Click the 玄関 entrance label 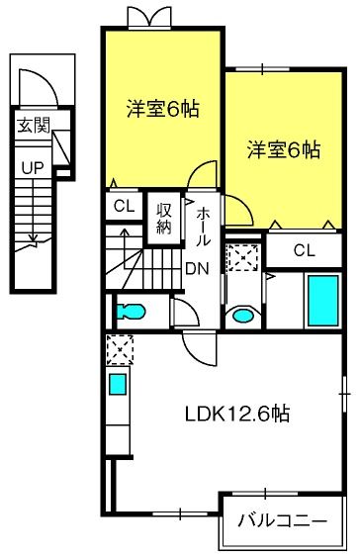[34, 125]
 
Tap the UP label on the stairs [33, 168]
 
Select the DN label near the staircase [198, 269]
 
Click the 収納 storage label [164, 219]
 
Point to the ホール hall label [202, 227]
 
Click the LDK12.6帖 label [237, 414]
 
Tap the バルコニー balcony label [282, 521]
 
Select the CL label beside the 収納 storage [125, 206]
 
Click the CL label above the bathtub [305, 250]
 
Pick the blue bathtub [323, 301]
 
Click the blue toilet [131, 312]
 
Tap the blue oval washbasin [243, 316]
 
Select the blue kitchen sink [118, 384]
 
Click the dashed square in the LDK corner [120, 350]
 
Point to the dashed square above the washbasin [243, 257]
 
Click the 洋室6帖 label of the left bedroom [163, 109]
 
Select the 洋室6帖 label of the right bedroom [284, 149]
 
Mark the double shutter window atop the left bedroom [149, 18]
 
